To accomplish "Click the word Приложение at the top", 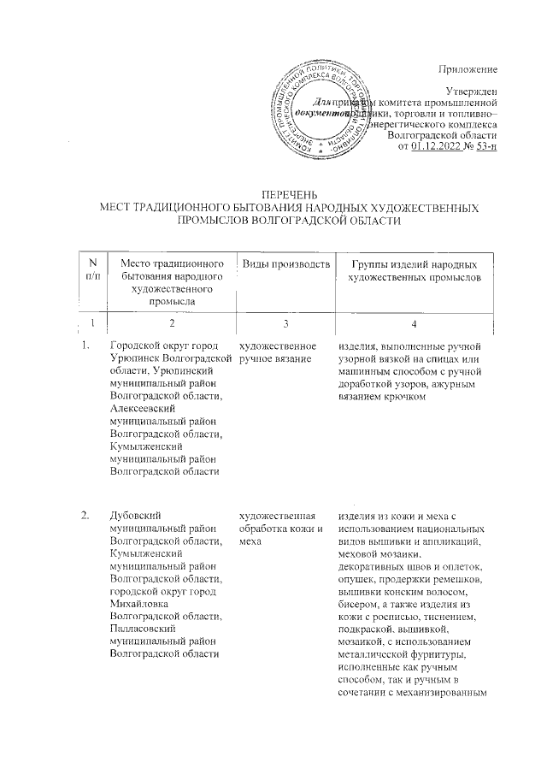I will point(468,67).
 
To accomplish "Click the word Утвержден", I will point(471,91).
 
